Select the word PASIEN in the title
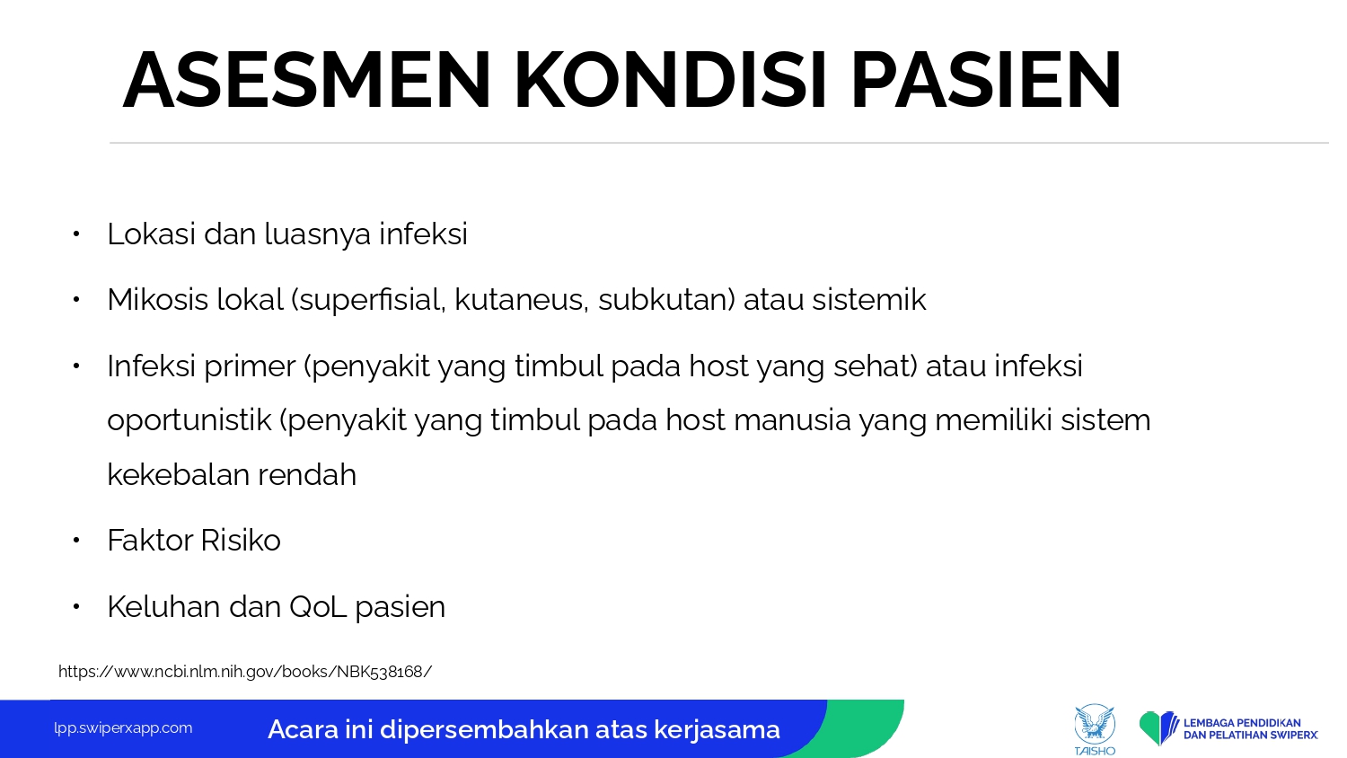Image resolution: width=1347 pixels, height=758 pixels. click(x=986, y=80)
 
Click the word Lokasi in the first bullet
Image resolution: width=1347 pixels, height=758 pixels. click(x=151, y=234)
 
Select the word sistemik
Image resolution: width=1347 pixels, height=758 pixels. click(x=869, y=299)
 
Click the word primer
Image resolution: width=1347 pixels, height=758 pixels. click(x=250, y=367)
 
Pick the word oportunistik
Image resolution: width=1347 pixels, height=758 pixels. click(x=189, y=421)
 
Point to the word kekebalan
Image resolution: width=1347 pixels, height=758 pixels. click(x=178, y=474)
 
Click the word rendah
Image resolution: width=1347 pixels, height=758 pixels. click(x=307, y=474)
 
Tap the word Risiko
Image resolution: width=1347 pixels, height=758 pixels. click(x=240, y=540)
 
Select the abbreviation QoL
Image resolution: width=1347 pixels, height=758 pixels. click(x=318, y=606)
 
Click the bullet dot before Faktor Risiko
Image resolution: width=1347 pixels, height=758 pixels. click(x=75, y=541)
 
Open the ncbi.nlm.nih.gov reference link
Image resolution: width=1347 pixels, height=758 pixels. click(x=245, y=672)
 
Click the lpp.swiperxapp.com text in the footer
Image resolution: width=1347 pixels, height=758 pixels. click(x=123, y=728)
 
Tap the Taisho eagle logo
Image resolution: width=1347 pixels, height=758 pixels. click(x=1095, y=729)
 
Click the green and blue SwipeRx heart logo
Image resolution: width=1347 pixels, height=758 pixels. click(x=1158, y=728)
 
